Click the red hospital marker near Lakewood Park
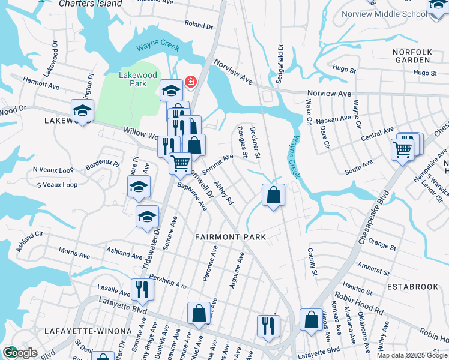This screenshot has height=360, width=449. coord(191,81)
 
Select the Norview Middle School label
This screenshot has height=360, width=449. coord(384,14)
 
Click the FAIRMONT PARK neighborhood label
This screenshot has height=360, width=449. coord(231,237)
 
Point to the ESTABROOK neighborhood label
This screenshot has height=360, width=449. coord(413,287)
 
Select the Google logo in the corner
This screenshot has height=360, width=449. coord(19,353)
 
